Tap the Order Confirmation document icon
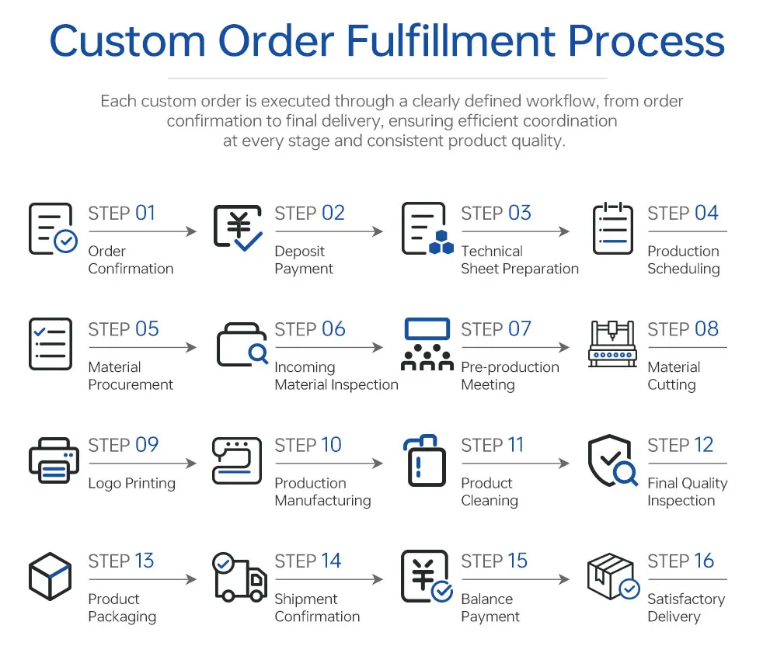point(51,228)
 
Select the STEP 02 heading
point(309,214)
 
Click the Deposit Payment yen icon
point(238,228)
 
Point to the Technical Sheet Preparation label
point(519,260)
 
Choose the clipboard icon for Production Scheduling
point(612,228)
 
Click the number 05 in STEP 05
point(147,329)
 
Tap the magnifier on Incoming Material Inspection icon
point(257,354)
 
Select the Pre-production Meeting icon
point(427,344)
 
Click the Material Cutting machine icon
point(612,344)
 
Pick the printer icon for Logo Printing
point(54,460)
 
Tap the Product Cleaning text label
point(489,491)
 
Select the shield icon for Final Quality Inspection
point(611,460)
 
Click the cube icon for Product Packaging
point(51,576)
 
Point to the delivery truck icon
point(239,578)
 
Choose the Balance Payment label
point(490,608)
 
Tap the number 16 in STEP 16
point(703,561)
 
